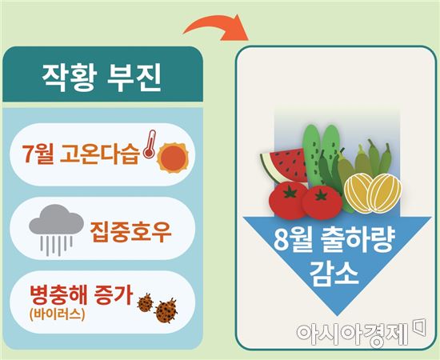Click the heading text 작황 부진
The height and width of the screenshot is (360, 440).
(102, 78)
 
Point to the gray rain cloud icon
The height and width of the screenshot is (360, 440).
(52, 223)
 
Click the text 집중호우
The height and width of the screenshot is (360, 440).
(127, 229)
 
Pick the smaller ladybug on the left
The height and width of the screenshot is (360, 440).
(145, 302)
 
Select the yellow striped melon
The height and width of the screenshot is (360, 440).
(367, 193)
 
